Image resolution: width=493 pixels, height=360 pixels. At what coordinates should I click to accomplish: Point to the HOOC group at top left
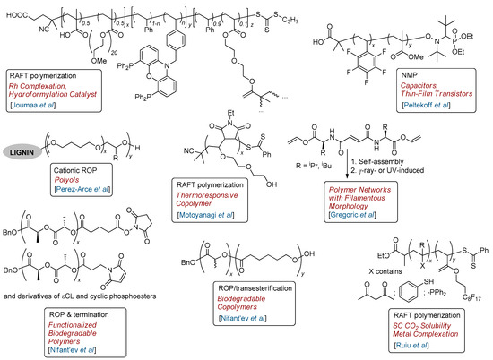click(16, 13)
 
